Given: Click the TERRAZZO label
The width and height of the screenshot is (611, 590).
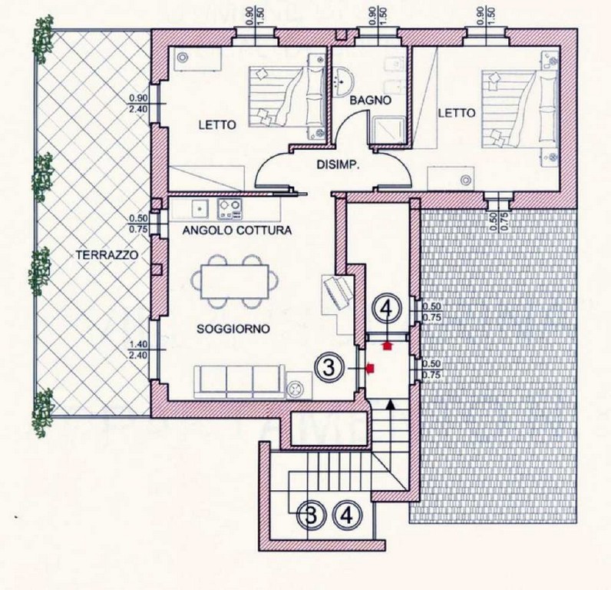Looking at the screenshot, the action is (x=107, y=255).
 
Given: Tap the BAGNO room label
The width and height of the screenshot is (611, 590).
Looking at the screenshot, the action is (x=370, y=100).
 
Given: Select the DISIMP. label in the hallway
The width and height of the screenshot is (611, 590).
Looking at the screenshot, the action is (x=338, y=165).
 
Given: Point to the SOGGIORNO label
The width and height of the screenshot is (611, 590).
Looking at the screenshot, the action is (x=233, y=329).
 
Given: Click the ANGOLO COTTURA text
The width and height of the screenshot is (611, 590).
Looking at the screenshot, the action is (x=237, y=230).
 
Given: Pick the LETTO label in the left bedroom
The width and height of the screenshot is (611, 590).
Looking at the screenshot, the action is (x=217, y=125).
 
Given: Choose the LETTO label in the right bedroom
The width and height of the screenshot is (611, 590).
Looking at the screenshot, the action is (x=457, y=113).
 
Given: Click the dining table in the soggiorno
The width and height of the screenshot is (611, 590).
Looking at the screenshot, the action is (x=235, y=281).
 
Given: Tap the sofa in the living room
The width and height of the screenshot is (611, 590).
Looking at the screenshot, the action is (x=239, y=382).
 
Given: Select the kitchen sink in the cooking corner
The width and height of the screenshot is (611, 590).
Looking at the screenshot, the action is (x=200, y=208).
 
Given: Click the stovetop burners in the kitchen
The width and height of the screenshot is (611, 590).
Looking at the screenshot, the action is (x=230, y=209).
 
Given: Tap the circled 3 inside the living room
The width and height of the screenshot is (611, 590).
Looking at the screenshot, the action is (x=329, y=367).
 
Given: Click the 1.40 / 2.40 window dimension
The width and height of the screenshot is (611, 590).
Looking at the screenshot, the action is (x=138, y=350).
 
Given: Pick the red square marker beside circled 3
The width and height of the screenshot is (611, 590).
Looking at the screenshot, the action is (x=370, y=367).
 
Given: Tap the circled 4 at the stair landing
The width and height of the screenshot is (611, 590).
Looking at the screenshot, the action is (x=347, y=516).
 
